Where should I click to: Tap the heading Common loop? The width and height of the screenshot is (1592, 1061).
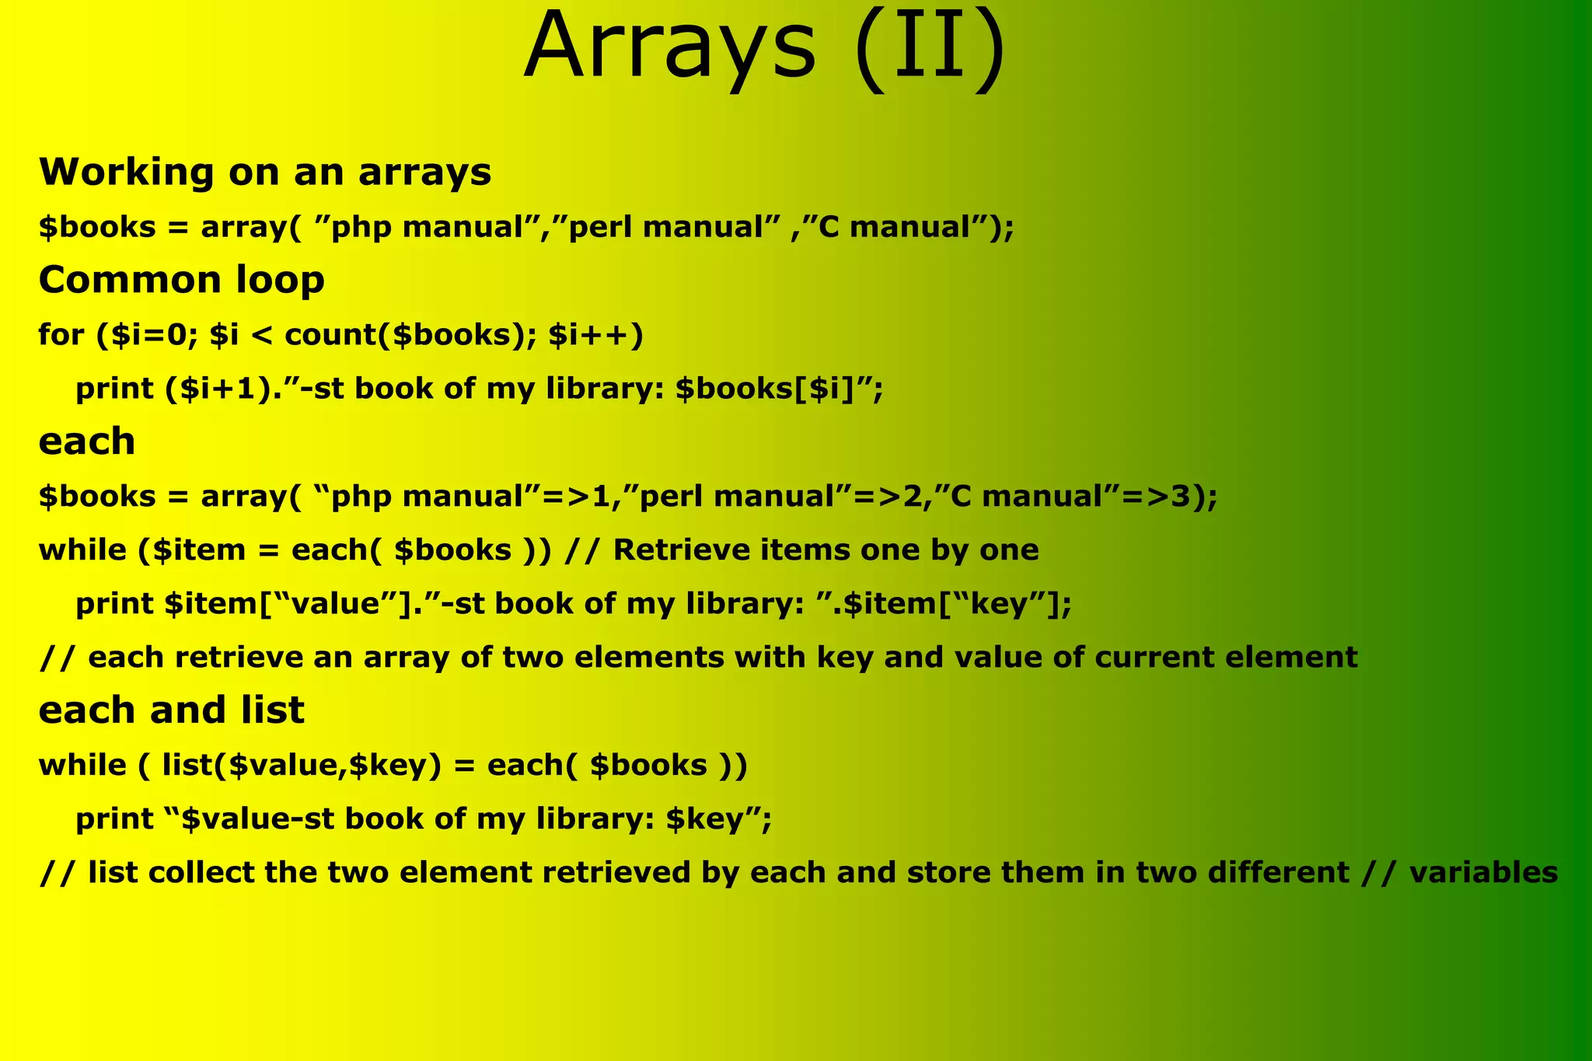click(x=181, y=280)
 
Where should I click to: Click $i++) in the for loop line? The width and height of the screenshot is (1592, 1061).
click(x=595, y=334)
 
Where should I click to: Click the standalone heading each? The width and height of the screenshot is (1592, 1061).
click(x=86, y=442)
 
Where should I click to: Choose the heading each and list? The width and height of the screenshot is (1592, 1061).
click(x=171, y=710)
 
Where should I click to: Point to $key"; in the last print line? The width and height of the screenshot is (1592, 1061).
click(x=719, y=818)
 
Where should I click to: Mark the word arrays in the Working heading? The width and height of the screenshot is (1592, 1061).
click(x=424, y=172)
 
